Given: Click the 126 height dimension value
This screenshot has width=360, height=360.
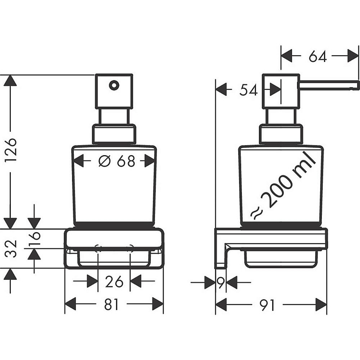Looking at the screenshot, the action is coord(11,149).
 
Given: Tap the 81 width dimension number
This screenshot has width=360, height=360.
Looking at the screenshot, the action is coord(111,305).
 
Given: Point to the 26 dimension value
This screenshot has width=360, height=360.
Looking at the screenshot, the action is coord(114,282).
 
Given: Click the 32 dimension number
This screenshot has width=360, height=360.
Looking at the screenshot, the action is coord(11,249).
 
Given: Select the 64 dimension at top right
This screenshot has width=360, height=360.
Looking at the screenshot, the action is coord(318,57).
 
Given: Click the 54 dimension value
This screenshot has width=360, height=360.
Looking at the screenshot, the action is coord(249,90).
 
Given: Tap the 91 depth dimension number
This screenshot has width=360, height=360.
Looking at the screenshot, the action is coord(267,305).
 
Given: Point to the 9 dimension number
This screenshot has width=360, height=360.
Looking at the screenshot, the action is coord(220,283).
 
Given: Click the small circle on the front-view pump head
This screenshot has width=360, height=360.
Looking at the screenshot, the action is coord(114,85).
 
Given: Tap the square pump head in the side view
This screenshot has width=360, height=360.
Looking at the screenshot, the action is coord(281,91).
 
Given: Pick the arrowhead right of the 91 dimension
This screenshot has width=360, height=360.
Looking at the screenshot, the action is coord(321,305).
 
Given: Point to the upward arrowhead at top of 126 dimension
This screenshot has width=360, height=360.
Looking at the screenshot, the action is coord(10,81).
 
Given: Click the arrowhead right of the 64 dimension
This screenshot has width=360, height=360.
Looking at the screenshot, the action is coord(353,56).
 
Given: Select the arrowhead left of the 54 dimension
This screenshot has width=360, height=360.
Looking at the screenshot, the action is coord(221,90).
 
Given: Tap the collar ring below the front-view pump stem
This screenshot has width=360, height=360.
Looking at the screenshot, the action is coord(114,134).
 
